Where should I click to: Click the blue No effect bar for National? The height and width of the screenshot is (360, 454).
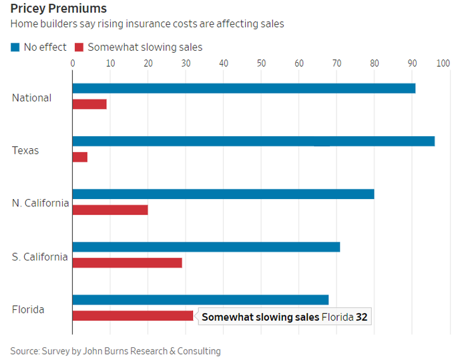point(244,88)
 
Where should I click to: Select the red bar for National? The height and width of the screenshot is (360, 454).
point(89,104)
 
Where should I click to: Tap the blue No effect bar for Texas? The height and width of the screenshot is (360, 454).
point(254,141)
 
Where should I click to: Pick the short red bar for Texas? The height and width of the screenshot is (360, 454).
point(80,157)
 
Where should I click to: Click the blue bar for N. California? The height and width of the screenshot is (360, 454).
point(223,194)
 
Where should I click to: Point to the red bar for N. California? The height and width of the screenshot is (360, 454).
point(110,210)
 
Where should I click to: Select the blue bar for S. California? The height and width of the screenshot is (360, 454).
point(206,246)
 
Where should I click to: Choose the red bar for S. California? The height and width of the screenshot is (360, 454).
point(127,262)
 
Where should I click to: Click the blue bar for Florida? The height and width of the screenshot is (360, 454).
point(200,299)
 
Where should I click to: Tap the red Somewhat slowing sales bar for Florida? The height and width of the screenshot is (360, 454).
point(133,315)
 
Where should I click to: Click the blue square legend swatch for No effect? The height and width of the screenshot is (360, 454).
point(15,47)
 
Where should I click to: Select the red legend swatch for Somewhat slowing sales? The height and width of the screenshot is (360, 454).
point(79,47)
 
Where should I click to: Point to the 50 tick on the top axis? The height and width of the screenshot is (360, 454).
point(261,63)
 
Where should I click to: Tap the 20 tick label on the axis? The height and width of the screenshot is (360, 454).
point(148,63)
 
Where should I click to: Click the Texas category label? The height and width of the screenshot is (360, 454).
point(25,150)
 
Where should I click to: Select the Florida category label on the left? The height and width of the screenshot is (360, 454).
point(29,309)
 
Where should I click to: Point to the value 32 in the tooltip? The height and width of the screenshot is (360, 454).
point(361,317)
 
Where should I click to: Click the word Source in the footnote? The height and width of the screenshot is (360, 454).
point(25,351)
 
